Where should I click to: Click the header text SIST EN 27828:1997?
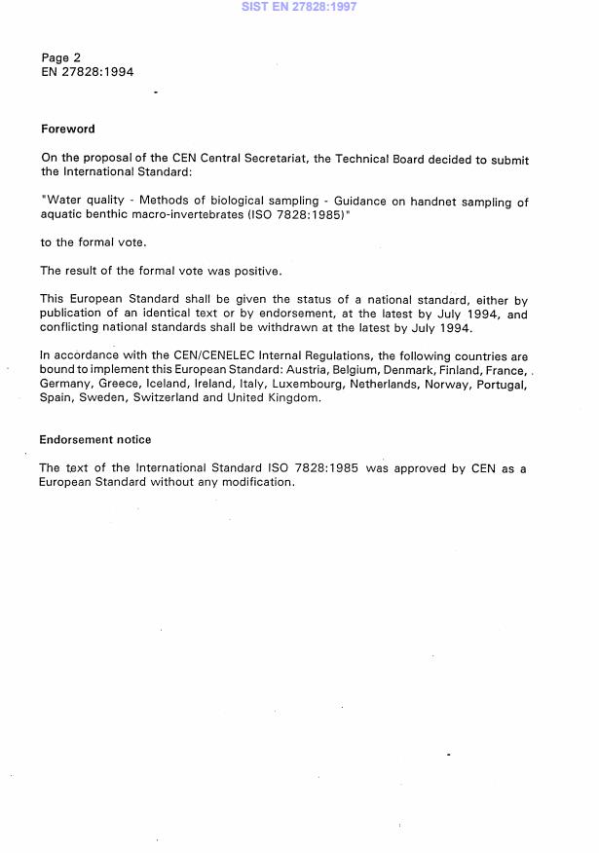299,6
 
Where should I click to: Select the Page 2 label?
61,57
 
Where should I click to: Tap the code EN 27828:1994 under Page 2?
88,72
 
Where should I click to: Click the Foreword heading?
68,129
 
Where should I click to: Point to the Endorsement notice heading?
95,440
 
